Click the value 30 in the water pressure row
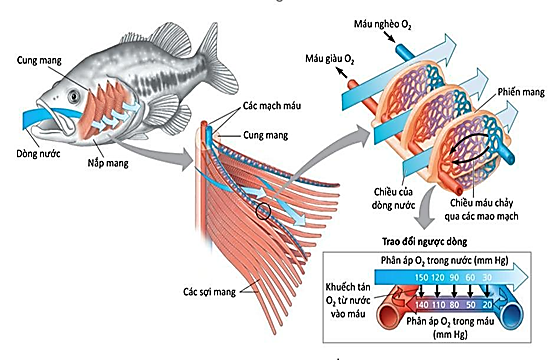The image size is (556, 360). [491, 277]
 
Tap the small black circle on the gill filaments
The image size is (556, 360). [263, 211]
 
